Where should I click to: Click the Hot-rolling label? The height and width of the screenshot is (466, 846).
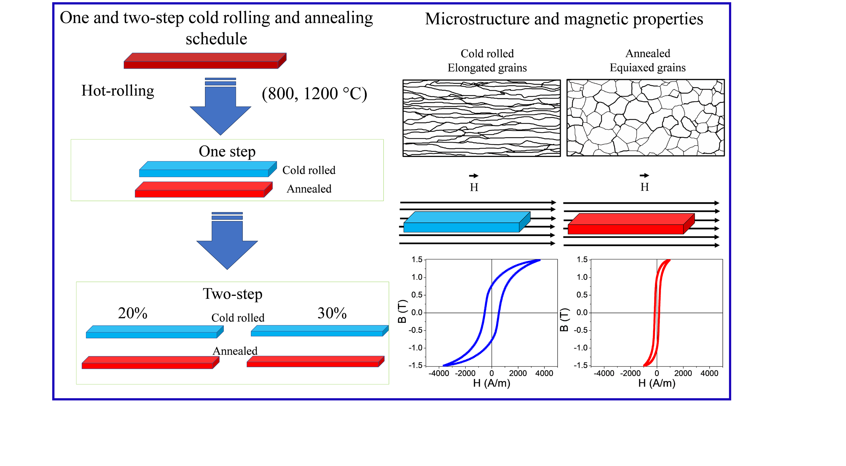click(x=118, y=91)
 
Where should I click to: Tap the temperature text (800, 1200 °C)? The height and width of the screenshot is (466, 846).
click(x=314, y=94)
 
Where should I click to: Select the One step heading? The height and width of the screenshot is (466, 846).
click(x=227, y=152)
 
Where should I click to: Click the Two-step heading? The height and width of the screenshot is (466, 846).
click(x=233, y=294)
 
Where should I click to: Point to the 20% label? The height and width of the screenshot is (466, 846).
click(x=132, y=313)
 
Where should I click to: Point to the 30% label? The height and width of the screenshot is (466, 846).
click(x=332, y=313)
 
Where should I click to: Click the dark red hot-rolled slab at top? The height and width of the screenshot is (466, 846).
click(x=205, y=61)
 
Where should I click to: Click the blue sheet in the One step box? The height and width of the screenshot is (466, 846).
click(x=208, y=169)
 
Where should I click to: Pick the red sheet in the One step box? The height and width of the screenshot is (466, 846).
click(x=203, y=189)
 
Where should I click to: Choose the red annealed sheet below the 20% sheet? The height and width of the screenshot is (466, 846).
click(x=150, y=362)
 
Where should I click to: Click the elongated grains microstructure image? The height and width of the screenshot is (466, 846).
click(x=481, y=118)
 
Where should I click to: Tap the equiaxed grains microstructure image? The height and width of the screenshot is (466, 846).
click(x=645, y=118)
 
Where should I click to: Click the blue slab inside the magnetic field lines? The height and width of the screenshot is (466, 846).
click(x=466, y=222)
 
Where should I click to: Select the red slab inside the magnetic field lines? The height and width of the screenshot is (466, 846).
click(x=631, y=224)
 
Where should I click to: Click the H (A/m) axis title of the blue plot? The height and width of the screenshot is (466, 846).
click(x=491, y=383)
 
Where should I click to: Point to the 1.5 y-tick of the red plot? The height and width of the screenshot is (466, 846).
click(x=582, y=260)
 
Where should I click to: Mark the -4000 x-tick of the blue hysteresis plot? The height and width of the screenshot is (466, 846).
click(x=439, y=373)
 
